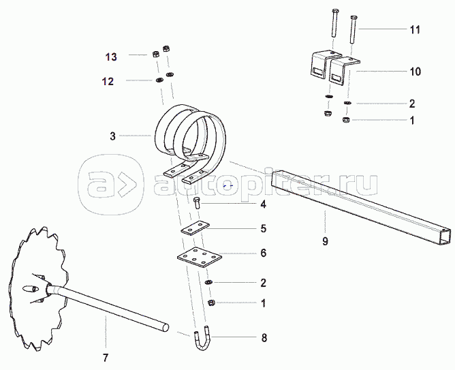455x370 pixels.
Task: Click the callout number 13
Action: point(110,56)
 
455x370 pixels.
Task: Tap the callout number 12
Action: point(108,82)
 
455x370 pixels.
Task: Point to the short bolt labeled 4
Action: point(197,202)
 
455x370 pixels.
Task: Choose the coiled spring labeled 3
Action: point(191,133)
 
